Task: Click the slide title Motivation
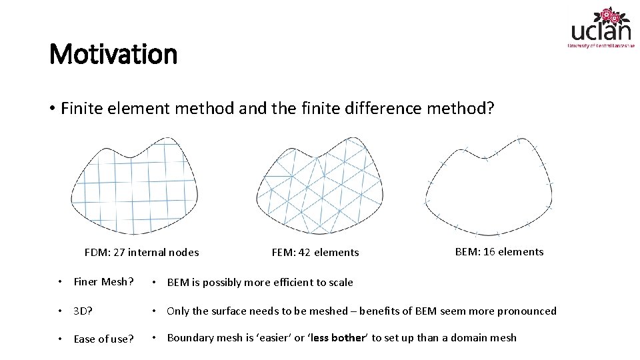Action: point(113,54)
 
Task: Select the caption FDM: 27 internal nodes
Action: point(141,252)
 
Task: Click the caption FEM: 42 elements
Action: point(315,252)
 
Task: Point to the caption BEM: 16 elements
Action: point(499,251)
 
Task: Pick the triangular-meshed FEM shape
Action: point(320,187)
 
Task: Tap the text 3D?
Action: point(83,311)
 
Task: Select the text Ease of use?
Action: point(103,339)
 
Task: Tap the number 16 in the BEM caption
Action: point(488,251)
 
